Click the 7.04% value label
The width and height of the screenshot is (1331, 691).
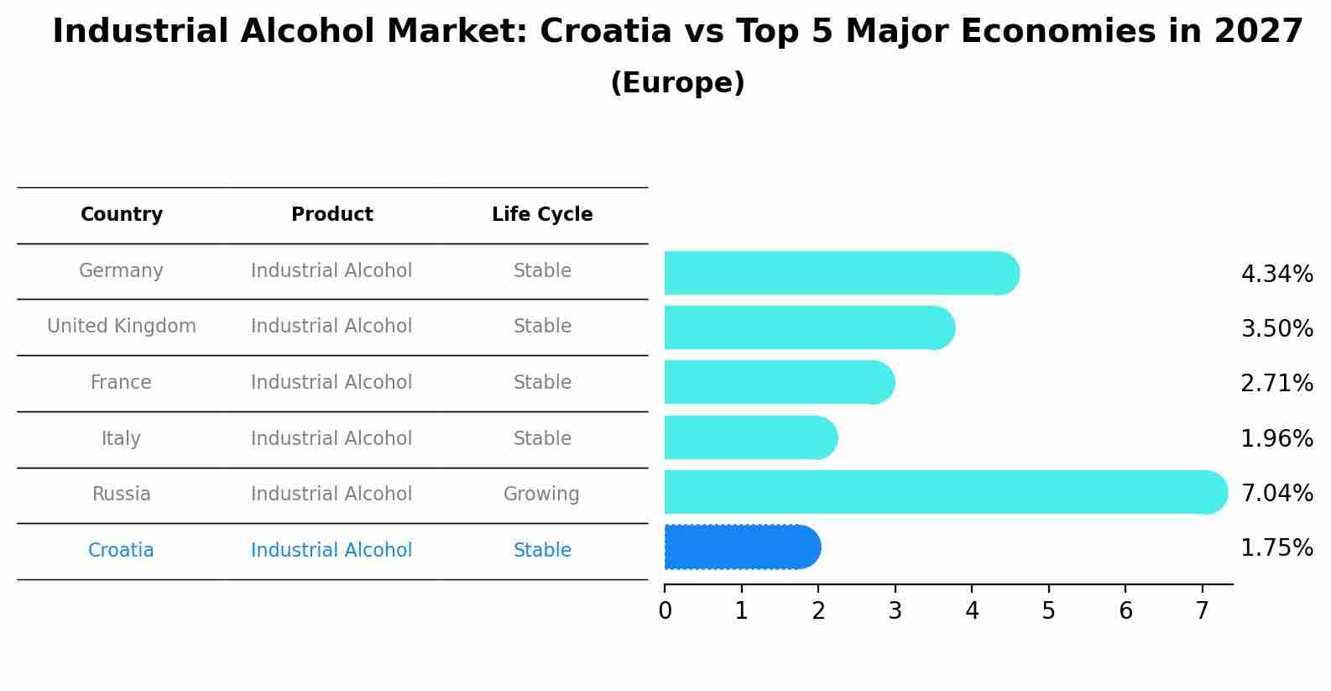(x=1276, y=493)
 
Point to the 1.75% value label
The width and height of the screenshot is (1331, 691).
(x=1276, y=548)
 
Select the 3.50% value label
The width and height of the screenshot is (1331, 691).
(x=1276, y=328)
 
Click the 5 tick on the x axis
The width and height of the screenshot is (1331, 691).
(x=1048, y=611)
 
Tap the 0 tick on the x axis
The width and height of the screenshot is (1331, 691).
(x=665, y=611)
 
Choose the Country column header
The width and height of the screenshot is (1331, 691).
(x=122, y=215)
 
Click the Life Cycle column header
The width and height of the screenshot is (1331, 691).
(x=542, y=215)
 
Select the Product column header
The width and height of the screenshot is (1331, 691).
(x=331, y=215)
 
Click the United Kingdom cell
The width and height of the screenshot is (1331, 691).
(x=122, y=327)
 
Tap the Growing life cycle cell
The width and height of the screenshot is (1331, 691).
(x=541, y=495)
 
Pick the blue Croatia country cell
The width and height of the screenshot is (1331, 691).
(x=121, y=551)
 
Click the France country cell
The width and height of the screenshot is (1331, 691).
(x=121, y=383)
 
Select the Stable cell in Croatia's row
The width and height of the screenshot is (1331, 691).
(x=542, y=551)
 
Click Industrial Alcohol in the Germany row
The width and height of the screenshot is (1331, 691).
(x=331, y=271)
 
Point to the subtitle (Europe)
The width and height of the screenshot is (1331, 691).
(x=677, y=83)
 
